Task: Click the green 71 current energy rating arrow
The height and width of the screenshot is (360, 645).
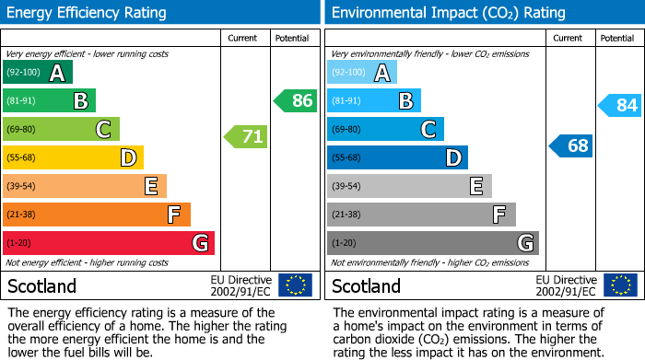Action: click(x=246, y=137)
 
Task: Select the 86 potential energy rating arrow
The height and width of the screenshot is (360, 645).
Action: click(x=296, y=101)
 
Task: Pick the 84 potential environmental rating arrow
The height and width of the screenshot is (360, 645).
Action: click(x=620, y=106)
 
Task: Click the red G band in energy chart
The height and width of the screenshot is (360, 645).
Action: click(x=109, y=243)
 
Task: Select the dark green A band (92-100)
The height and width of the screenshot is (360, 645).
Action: click(x=38, y=73)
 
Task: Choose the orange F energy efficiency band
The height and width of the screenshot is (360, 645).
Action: click(x=97, y=215)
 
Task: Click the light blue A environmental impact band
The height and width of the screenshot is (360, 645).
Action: click(x=362, y=73)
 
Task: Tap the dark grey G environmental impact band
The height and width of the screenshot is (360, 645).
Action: click(x=432, y=243)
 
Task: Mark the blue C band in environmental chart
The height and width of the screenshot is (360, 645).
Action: click(x=385, y=129)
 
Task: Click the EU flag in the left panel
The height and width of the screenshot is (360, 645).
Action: click(x=295, y=285)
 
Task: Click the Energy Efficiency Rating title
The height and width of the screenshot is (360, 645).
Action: click(x=87, y=13)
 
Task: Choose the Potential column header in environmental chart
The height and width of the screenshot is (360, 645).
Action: click(x=617, y=38)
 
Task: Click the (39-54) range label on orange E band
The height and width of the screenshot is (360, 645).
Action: click(x=22, y=187)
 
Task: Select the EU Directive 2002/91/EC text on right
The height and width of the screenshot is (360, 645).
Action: click(x=567, y=285)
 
